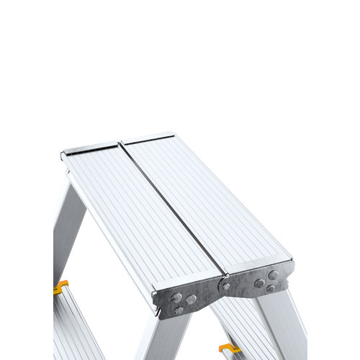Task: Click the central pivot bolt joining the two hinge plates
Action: click(x=226, y=286)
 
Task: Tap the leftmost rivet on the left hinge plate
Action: click(x=176, y=297)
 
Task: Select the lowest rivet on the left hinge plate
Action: click(x=178, y=310)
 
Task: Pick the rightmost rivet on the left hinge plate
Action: click(x=191, y=300)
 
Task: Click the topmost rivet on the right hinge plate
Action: click(x=273, y=275)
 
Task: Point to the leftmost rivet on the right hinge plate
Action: click(x=258, y=283)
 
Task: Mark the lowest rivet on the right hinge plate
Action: click(x=270, y=289)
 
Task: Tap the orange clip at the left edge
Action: click(x=60, y=287)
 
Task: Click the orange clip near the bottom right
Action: click(x=229, y=349)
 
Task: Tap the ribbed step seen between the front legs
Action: click(x=238, y=324)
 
